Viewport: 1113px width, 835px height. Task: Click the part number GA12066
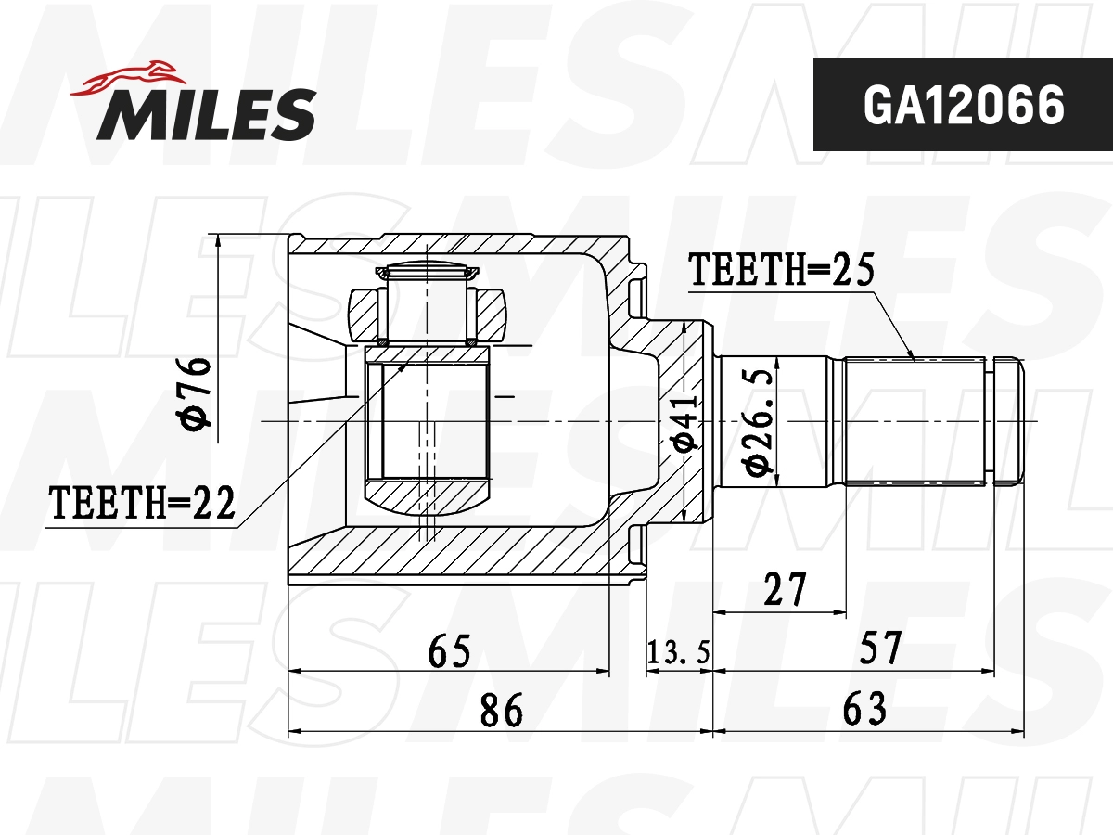(963, 106)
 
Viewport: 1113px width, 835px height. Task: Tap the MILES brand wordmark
(206, 114)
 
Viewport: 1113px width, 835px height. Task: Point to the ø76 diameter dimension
(198, 393)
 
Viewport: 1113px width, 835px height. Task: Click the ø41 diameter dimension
(684, 422)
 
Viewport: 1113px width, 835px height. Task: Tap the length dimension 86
(501, 710)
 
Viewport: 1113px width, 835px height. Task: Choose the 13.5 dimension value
(678, 652)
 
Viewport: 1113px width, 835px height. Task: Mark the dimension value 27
(783, 590)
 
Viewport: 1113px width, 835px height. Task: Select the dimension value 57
(879, 648)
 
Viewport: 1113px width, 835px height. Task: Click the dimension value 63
(864, 710)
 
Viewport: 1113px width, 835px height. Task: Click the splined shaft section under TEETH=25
(914, 422)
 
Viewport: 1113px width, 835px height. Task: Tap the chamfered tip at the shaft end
(1010, 422)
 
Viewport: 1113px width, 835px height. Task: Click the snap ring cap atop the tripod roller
(428, 271)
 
